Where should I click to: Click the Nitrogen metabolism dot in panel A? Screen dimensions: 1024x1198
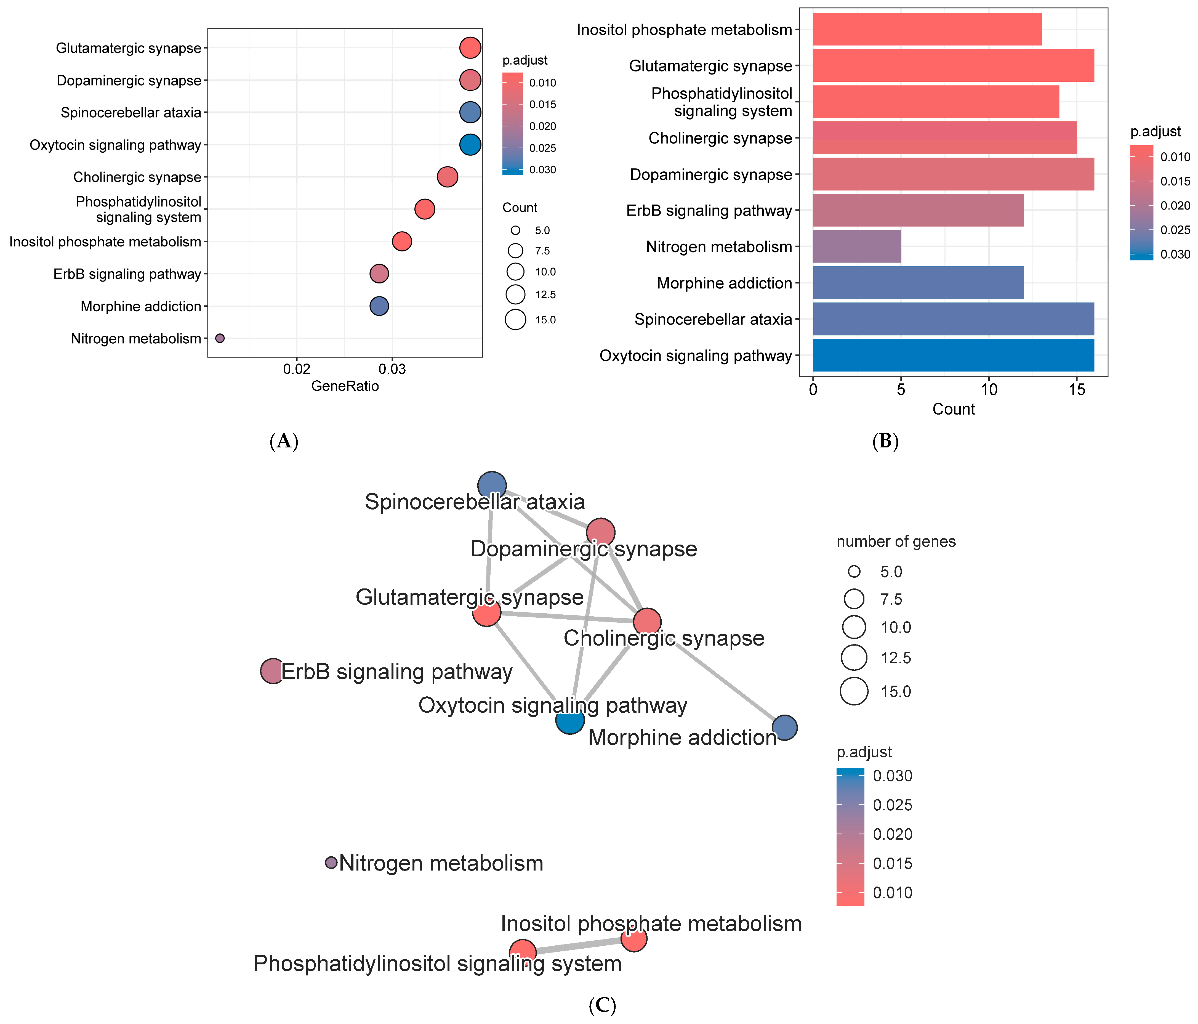pyautogui.click(x=220, y=338)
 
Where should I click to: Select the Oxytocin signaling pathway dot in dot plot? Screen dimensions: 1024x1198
pyautogui.click(x=470, y=145)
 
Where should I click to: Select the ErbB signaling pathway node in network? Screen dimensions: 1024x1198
pyautogui.click(x=272, y=671)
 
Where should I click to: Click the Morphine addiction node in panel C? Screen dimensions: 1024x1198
pyautogui.click(x=785, y=727)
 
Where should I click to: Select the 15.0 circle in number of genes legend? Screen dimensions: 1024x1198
pyautogui.click(x=854, y=691)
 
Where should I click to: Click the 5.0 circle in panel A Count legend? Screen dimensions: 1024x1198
pyautogui.click(x=515, y=230)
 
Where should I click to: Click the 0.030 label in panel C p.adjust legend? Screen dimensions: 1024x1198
pyautogui.click(x=892, y=776)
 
